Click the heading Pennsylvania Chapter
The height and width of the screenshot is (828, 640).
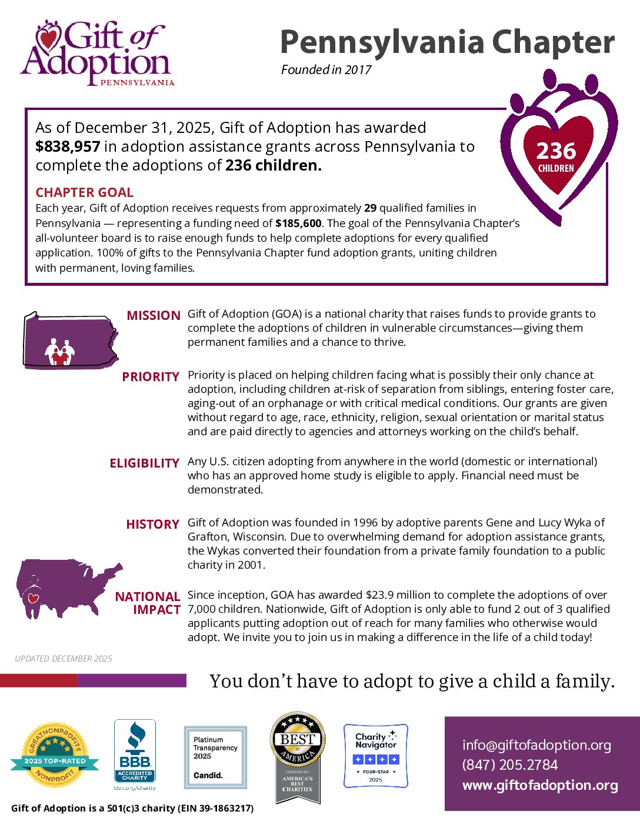[447, 42]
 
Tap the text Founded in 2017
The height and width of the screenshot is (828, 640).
[326, 70]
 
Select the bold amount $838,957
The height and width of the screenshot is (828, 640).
[67, 146]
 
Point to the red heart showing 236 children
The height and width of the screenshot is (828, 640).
[556, 155]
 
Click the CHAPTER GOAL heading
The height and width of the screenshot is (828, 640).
[84, 192]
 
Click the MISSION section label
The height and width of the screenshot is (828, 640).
[154, 316]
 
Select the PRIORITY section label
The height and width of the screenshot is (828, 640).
[151, 377]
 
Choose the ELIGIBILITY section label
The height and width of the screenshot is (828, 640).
[144, 463]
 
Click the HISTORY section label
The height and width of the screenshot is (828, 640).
[152, 525]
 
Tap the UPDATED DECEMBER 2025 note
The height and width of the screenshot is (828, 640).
[64, 659]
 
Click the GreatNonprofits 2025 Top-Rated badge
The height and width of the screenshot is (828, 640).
[55, 755]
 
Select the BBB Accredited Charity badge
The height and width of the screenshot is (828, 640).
[135, 754]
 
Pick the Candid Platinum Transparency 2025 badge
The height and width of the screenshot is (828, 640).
[215, 757]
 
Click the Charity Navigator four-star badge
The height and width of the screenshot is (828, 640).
[375, 756]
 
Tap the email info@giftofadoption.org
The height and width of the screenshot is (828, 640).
[536, 745]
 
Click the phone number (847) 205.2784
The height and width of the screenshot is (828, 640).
[509, 765]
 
